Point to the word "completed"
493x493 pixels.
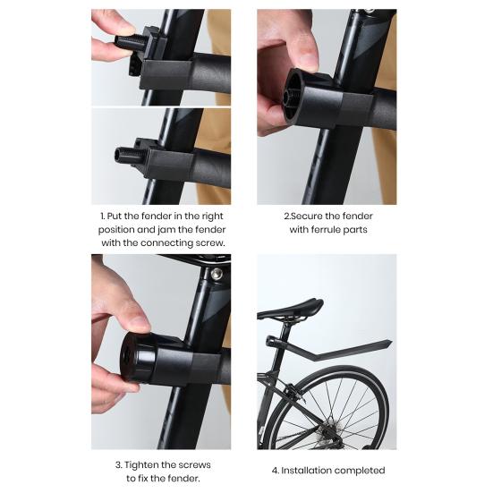coord(361,471)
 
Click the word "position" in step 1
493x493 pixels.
coord(118,229)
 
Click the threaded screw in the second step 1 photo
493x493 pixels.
coord(124,154)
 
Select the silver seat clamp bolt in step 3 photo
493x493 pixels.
coord(216,273)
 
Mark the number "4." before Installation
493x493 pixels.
coord(276,471)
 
